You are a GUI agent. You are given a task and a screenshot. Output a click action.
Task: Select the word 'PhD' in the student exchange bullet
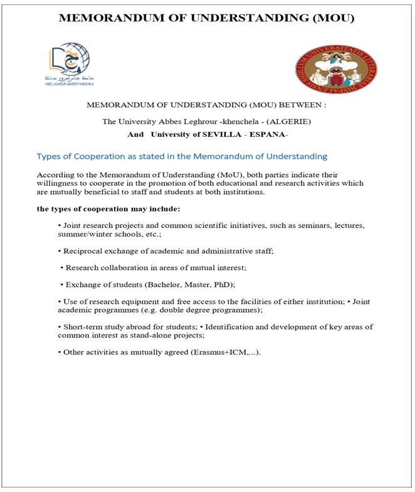click(218, 284)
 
